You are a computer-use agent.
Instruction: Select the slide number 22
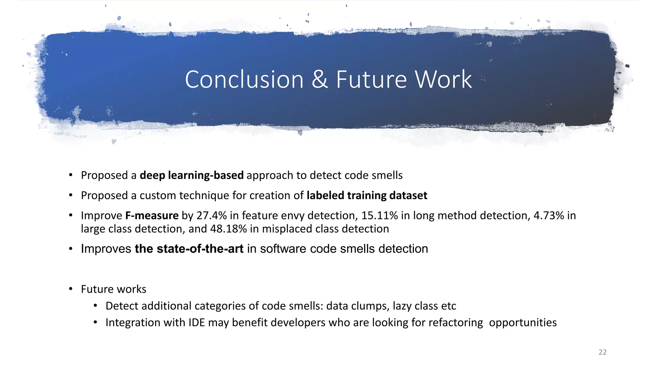pos(602,352)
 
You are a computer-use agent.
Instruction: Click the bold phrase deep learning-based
pos(192,176)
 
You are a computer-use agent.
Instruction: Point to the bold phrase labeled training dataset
pos(367,196)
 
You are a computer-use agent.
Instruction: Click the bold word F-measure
pos(152,216)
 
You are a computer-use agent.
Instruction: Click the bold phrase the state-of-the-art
pos(189,249)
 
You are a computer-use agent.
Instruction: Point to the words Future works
pos(114,289)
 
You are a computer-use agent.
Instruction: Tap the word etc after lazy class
pos(448,306)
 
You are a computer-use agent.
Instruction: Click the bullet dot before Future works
pos(71,289)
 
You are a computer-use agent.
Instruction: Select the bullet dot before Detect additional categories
pos(95,306)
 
